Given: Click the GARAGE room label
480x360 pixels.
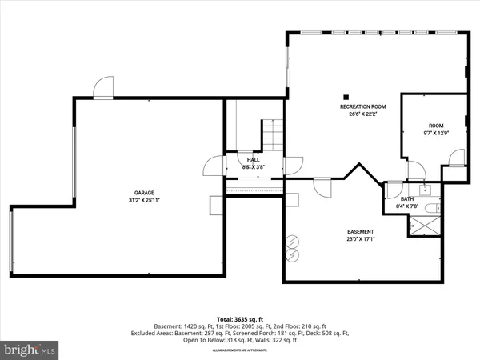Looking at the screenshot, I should click(x=144, y=193).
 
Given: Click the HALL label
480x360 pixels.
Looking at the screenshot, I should click(x=253, y=160).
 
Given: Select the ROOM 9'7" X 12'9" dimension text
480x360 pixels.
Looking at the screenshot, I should click(x=435, y=133).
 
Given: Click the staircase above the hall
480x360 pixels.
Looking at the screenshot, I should click(x=273, y=134).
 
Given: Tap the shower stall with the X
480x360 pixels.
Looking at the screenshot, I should click(x=425, y=226).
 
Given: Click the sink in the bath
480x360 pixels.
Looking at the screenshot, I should click(x=426, y=190).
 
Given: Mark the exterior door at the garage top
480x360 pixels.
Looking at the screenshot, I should click(x=104, y=88).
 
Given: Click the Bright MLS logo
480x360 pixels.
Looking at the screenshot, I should click(x=30, y=350).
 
